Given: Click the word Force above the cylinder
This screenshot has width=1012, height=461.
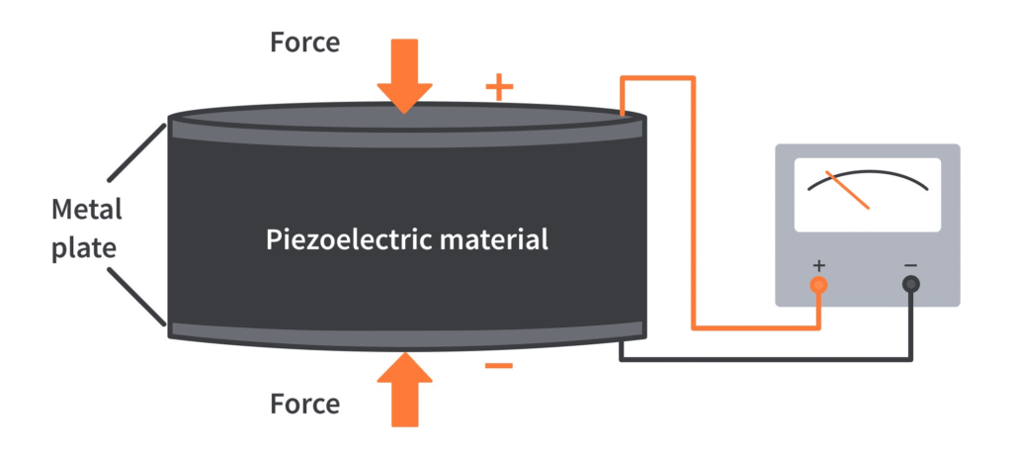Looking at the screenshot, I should point(304,43).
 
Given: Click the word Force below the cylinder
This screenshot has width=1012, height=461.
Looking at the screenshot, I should point(304,404).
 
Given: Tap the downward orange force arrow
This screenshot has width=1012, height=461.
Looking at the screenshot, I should point(404,74).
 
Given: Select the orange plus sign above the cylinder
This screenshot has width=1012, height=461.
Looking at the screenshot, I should point(499,88).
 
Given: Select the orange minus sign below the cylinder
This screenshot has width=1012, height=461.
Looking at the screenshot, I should point(499,367).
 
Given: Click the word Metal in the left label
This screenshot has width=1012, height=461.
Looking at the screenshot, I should point(87,210).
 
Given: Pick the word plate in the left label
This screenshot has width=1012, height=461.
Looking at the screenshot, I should point(87,247).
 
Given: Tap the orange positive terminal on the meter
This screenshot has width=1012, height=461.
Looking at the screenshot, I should point(818,285).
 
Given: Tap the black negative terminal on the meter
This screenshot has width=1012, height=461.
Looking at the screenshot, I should point(910,285).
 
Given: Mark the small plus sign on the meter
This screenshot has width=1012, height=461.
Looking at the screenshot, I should point(818,265).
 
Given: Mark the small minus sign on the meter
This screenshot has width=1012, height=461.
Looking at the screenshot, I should point(910,265).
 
